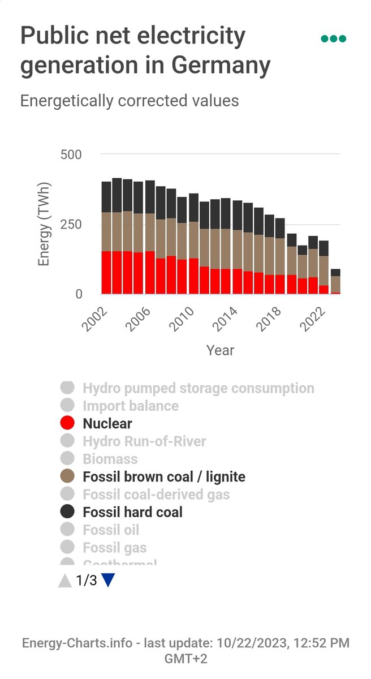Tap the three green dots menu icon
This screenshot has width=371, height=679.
[333, 39]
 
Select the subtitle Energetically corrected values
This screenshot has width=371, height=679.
[130, 101]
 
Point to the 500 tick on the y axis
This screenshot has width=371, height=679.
[71, 154]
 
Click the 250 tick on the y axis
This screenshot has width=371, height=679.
[71, 224]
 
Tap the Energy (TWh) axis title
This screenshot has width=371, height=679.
[45, 224]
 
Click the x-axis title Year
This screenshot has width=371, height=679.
[220, 350]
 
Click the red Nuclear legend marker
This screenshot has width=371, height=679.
[67, 423]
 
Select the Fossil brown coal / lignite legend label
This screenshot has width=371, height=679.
[164, 477]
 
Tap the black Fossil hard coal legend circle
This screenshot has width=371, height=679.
[67, 512]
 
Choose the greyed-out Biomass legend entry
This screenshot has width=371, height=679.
[110, 459]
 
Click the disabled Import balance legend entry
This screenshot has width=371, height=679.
[130, 406]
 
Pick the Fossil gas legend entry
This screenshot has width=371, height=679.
[114, 548]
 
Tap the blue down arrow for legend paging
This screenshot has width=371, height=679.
[108, 581]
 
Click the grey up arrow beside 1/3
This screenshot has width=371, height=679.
[65, 581]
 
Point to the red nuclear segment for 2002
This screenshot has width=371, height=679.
[106, 272]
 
